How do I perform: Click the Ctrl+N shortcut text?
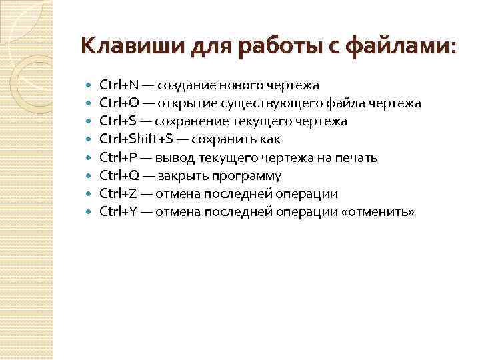tap(119, 85)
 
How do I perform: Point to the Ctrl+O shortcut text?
tap(119, 103)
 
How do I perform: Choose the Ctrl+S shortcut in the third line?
tap(118, 121)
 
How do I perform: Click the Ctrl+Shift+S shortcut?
tap(136, 139)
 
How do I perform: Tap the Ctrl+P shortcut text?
tap(118, 158)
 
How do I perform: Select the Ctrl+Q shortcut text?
tap(119, 176)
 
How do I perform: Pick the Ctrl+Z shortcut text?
tap(118, 194)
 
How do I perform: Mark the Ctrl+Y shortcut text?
tap(118, 212)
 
